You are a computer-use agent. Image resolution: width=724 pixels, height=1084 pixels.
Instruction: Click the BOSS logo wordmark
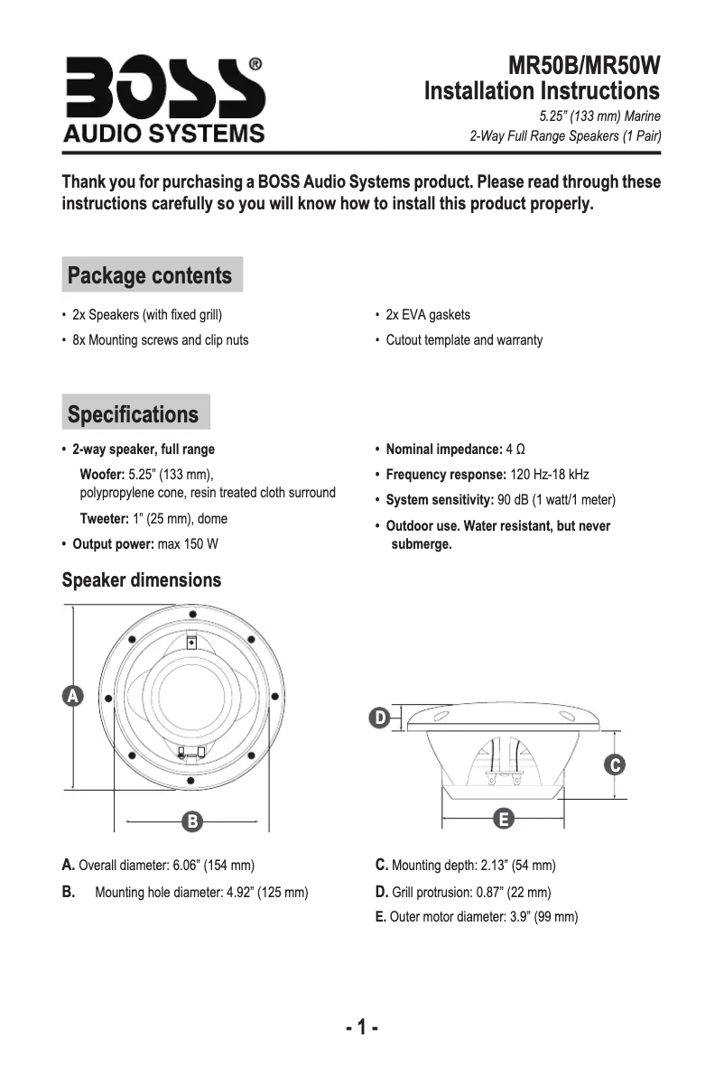[162, 88]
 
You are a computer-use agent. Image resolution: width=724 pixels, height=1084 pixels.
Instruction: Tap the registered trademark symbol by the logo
[255, 65]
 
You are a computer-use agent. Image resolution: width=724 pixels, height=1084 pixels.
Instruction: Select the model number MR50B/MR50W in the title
[584, 66]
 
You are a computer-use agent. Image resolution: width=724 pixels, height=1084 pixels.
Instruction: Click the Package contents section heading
[150, 275]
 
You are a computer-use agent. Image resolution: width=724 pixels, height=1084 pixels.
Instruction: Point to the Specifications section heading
[133, 414]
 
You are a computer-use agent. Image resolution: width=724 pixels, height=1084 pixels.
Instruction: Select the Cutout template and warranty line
[464, 340]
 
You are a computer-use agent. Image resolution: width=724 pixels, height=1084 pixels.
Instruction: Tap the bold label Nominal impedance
[443, 449]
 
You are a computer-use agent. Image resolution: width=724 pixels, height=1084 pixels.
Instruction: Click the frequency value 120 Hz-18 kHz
[550, 475]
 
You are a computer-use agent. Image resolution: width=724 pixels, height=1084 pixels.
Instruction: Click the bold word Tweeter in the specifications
[104, 519]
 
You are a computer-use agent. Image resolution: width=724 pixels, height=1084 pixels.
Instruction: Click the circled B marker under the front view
[190, 821]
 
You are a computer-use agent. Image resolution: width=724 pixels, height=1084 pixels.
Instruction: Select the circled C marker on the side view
[613, 764]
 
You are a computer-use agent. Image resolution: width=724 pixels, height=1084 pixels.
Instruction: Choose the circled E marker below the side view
[504, 819]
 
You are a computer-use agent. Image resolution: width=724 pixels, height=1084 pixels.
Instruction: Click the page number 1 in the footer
[361, 1027]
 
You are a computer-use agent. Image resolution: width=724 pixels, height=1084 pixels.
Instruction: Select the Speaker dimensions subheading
[141, 579]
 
